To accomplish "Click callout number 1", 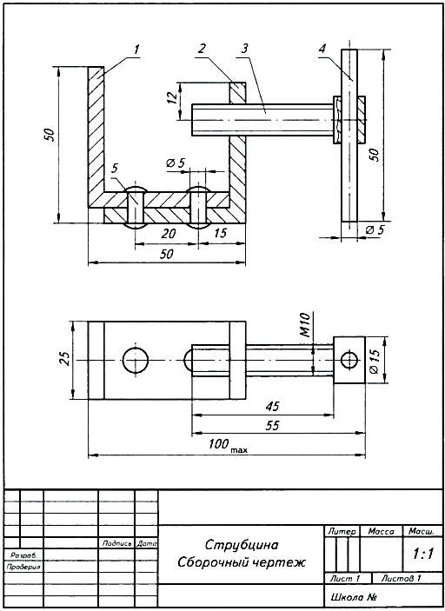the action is click(x=136, y=50).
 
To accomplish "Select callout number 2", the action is click(x=202, y=49).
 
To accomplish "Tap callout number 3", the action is click(x=244, y=49).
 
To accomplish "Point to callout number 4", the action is click(x=322, y=49).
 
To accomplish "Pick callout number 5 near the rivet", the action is click(x=115, y=168).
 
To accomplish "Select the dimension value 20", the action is click(x=168, y=234).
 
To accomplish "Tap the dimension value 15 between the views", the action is click(x=220, y=233).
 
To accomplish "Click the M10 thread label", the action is click(x=304, y=324).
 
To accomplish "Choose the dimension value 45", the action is click(x=272, y=407).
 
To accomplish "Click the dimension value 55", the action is click(x=272, y=425).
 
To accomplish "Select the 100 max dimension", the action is click(x=228, y=445).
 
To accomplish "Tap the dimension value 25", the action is click(x=66, y=358).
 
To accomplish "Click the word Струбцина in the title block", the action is click(x=242, y=544).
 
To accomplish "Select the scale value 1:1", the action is click(x=423, y=554).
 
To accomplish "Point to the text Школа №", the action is click(x=354, y=597).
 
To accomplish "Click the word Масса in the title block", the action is click(x=381, y=531).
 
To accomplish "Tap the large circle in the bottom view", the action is click(x=136, y=348).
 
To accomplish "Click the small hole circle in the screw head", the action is click(x=349, y=352).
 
